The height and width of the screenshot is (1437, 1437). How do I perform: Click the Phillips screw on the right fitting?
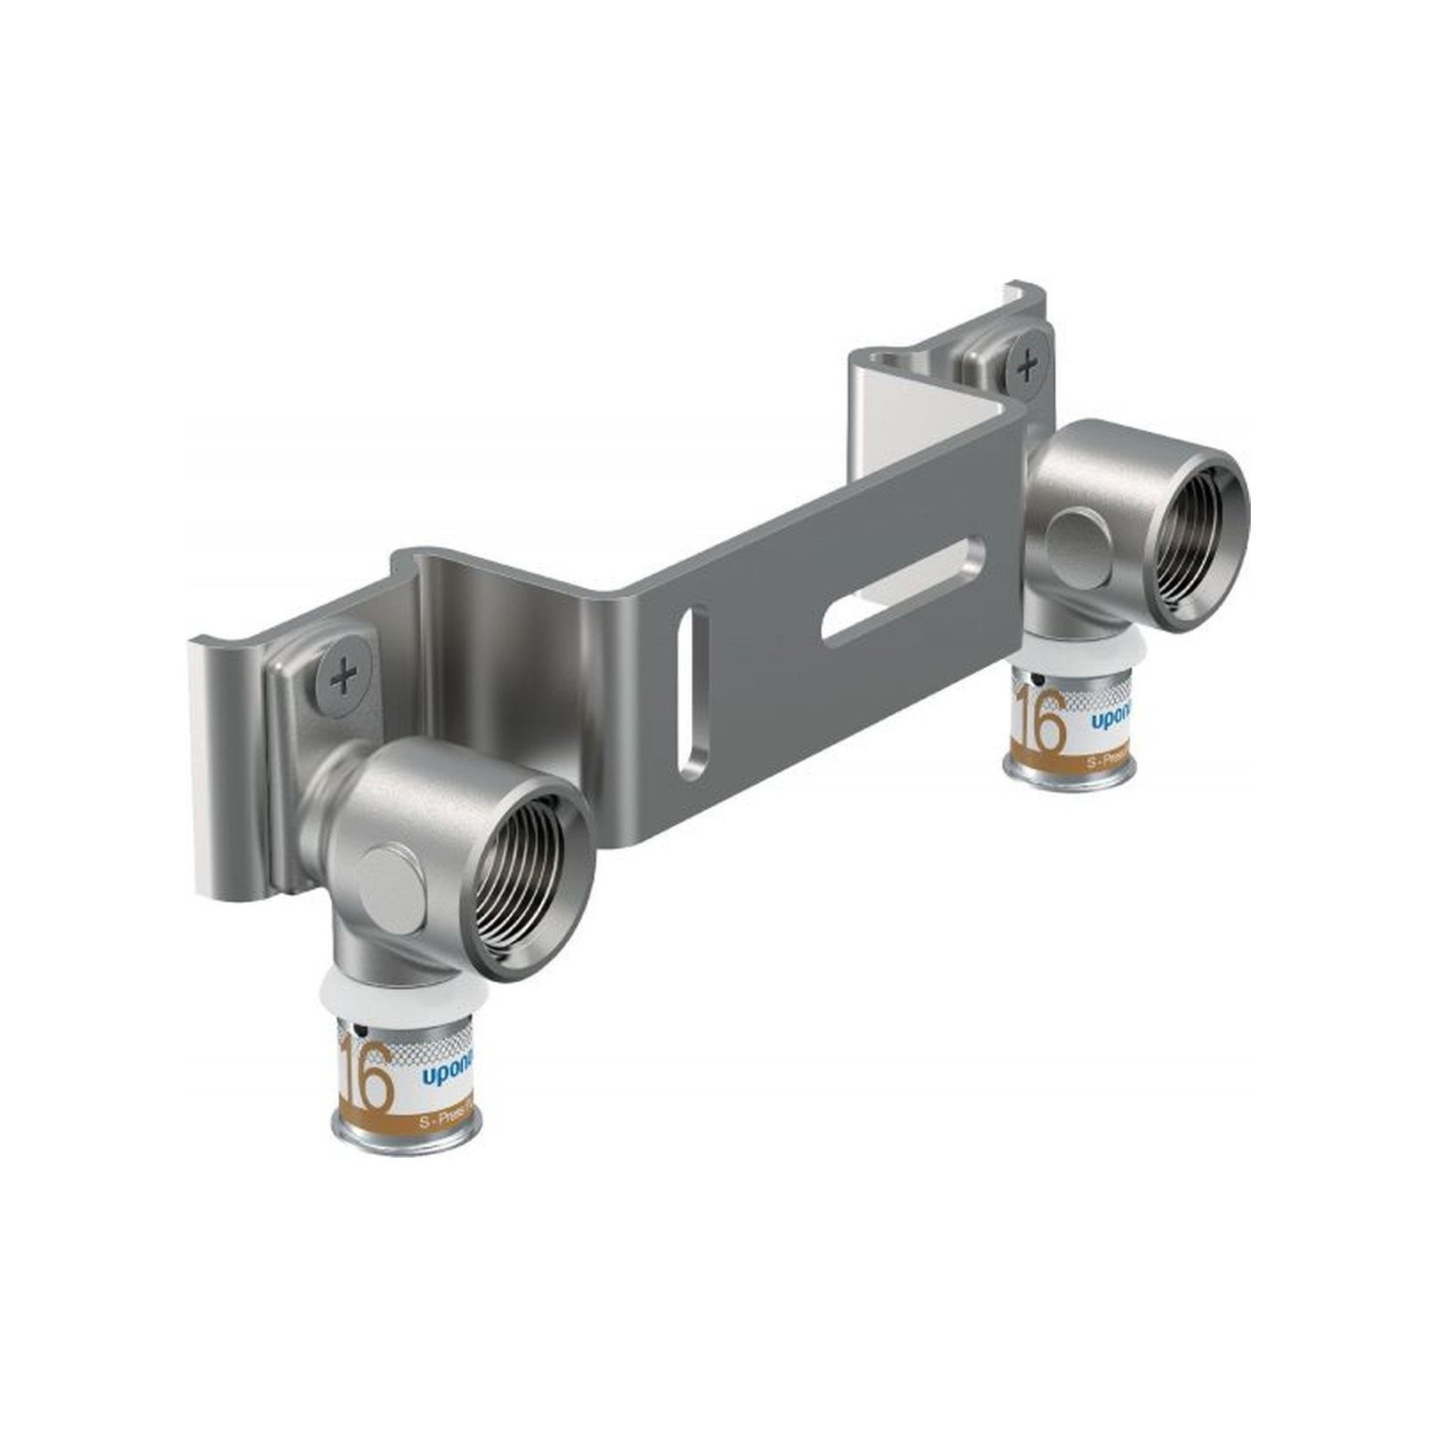point(1027,365)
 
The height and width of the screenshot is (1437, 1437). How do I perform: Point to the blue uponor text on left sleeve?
point(446,1076)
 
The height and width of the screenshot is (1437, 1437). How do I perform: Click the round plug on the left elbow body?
point(390,888)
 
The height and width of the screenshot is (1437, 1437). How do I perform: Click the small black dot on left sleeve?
point(358,1031)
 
